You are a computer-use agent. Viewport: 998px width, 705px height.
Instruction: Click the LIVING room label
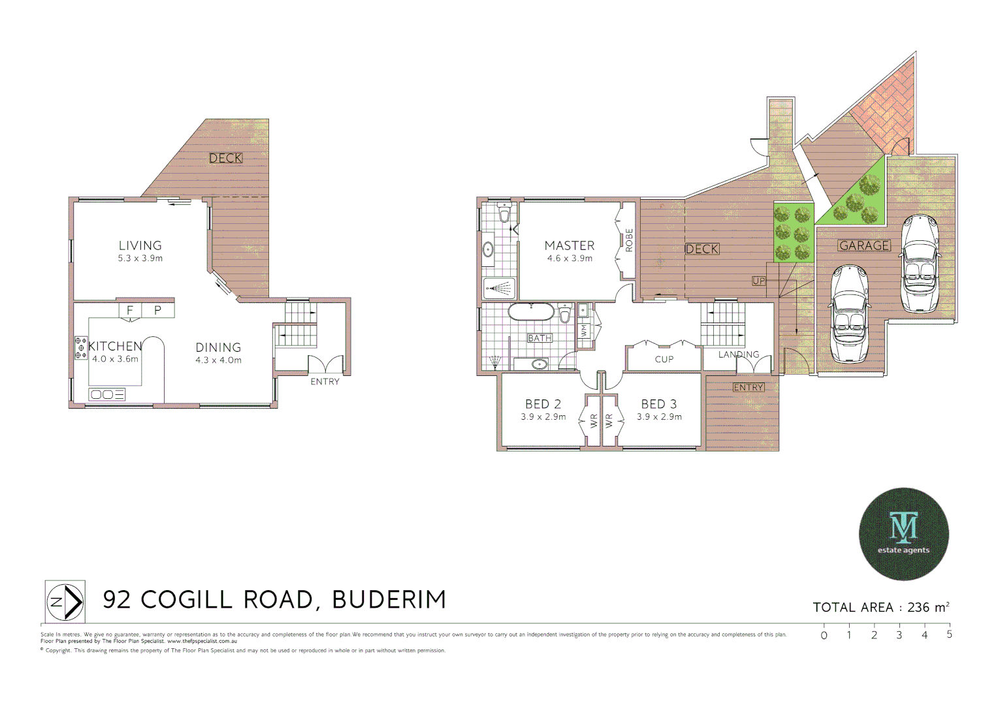point(140,245)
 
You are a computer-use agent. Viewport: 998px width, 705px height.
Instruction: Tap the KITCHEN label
point(115,346)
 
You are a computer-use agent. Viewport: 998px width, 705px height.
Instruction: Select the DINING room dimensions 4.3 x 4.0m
point(218,360)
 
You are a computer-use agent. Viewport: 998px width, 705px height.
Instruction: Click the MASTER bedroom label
point(570,245)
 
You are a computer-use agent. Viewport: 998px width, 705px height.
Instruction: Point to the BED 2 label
point(543,404)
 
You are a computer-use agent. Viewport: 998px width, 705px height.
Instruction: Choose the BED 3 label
point(659,404)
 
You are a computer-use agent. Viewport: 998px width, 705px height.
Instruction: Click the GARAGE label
point(864,245)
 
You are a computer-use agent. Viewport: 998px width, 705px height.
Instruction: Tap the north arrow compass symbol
point(65,601)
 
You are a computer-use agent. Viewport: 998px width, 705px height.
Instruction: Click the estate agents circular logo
point(903,534)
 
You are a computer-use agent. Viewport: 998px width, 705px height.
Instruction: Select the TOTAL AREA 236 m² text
point(880,607)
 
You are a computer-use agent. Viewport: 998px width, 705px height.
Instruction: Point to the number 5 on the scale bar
point(949,634)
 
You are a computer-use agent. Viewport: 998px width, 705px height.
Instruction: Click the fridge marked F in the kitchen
point(130,310)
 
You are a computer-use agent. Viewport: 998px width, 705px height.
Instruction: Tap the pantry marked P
point(157,310)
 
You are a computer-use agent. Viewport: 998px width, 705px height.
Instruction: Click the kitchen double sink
point(107,394)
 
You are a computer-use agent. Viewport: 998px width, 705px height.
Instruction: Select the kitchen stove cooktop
point(81,348)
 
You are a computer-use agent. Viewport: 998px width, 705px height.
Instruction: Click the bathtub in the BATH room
point(531,311)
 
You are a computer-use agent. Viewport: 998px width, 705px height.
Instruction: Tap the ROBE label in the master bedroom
point(629,240)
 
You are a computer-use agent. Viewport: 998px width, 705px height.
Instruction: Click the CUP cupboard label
point(664,359)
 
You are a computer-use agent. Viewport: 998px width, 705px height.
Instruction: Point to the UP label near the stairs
point(758,281)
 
